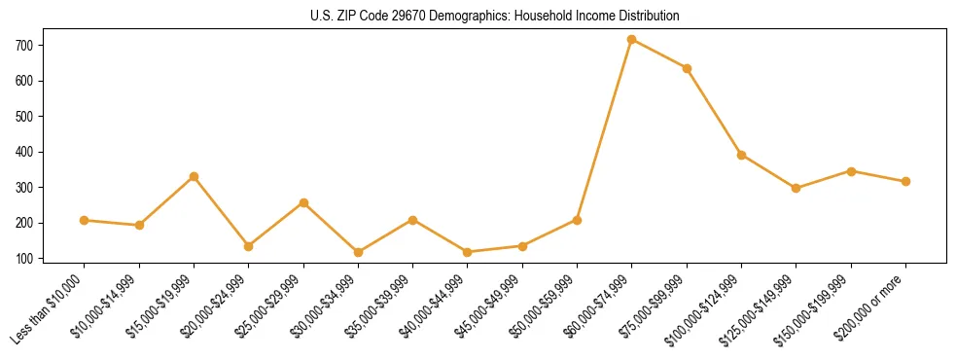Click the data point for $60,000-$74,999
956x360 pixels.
[x=632, y=40]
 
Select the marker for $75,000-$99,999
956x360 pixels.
[x=687, y=68]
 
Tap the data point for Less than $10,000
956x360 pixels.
[x=85, y=220]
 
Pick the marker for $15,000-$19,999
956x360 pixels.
[x=194, y=176]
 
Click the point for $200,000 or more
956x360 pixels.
[x=905, y=181]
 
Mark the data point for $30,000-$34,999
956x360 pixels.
[x=358, y=252]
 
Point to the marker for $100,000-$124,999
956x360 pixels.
[x=741, y=155]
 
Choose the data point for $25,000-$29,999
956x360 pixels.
[x=303, y=202]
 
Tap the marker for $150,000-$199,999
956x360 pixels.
[x=851, y=171]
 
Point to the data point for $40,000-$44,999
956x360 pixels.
[x=468, y=252]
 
